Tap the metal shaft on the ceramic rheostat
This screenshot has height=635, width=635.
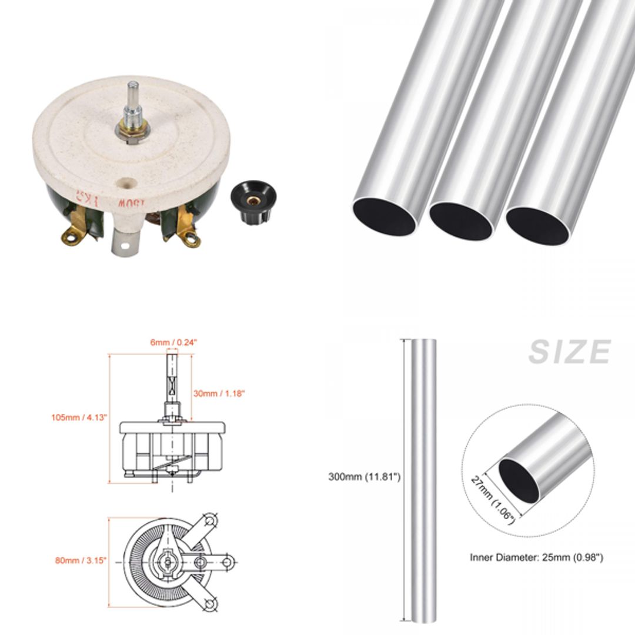133,100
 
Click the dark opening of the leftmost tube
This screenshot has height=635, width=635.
385,216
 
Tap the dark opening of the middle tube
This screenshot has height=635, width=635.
461,221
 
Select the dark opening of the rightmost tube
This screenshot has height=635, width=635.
537,225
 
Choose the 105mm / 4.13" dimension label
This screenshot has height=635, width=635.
79,417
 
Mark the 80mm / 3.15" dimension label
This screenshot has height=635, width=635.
81,560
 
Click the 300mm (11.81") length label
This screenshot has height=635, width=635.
364,477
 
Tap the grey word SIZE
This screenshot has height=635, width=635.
569,352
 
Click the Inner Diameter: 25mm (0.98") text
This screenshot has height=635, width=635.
536,557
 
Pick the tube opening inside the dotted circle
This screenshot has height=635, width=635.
518,480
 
